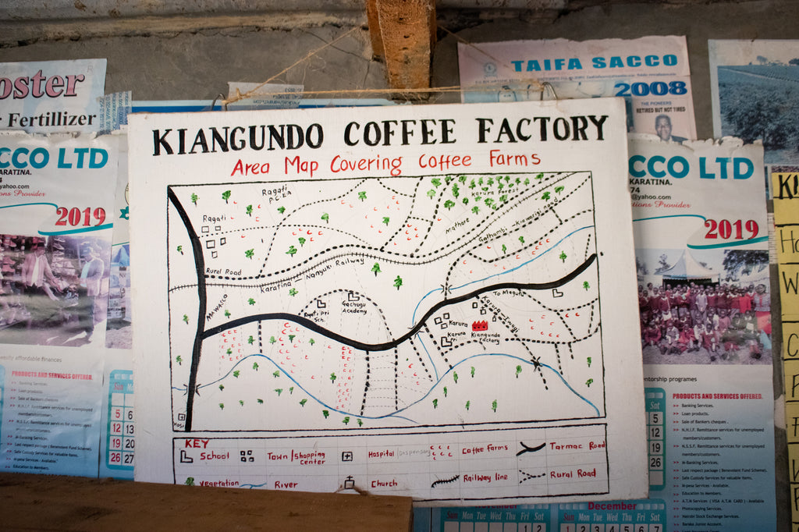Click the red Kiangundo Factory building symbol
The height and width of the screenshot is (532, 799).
coord(480,325)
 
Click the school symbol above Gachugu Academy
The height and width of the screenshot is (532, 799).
coord(353,296)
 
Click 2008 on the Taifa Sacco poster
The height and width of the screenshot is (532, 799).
coord(650,88)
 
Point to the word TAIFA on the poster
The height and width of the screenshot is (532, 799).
coord(547,64)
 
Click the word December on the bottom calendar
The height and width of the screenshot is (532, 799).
coord(612,505)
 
